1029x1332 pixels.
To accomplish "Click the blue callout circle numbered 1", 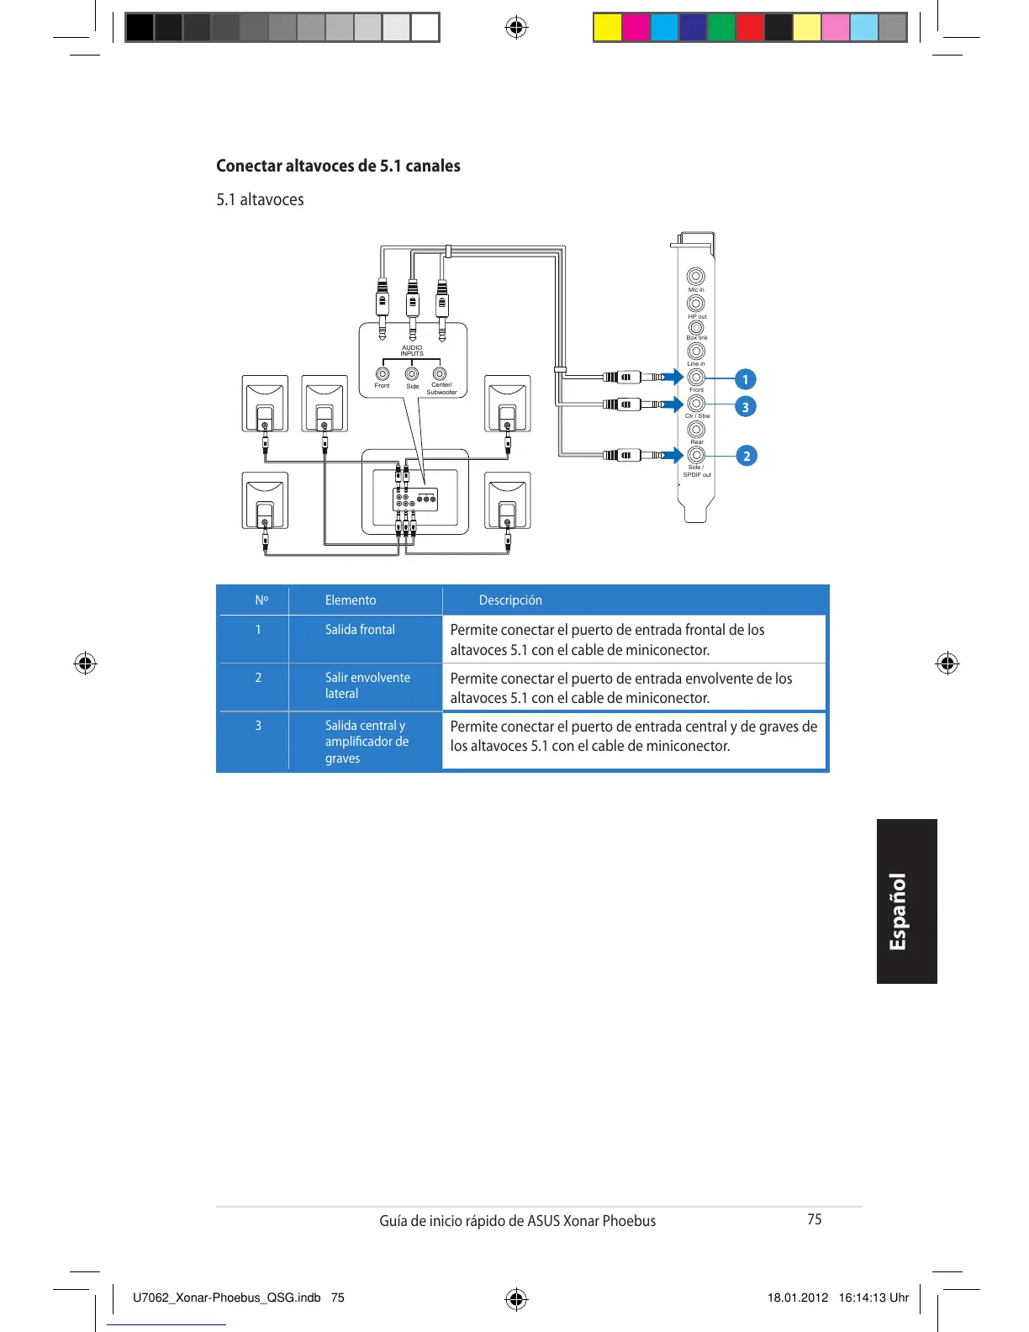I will pos(745,379).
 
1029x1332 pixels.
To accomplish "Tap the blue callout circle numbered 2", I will pos(746,456).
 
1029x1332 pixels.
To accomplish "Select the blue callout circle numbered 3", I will pos(745,407).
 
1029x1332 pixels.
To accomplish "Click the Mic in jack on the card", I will pos(696,277).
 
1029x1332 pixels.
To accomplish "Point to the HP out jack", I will pos(696,303).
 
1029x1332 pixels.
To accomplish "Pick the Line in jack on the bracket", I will pos(696,351).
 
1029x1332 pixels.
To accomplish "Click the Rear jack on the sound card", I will pos(696,430).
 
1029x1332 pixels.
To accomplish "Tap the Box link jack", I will pos(696,327).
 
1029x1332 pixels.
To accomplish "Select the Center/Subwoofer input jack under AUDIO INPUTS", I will pos(440,374).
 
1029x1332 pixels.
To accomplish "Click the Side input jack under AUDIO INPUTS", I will pos(412,374).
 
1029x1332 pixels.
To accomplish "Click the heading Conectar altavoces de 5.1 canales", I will pos(338,166).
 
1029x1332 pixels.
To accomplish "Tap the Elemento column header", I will pos(351,600).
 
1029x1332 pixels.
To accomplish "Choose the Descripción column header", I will pos(510,600).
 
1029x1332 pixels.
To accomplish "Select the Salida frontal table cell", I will pos(360,630).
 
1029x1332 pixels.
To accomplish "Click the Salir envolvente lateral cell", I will pos(367,685).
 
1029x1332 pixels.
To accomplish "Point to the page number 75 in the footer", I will pos(814,1219).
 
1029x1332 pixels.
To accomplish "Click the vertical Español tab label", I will pos(899,912).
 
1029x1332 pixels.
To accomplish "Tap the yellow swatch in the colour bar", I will pos(607,28).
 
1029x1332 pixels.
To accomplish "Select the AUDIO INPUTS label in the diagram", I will pos(412,351).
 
